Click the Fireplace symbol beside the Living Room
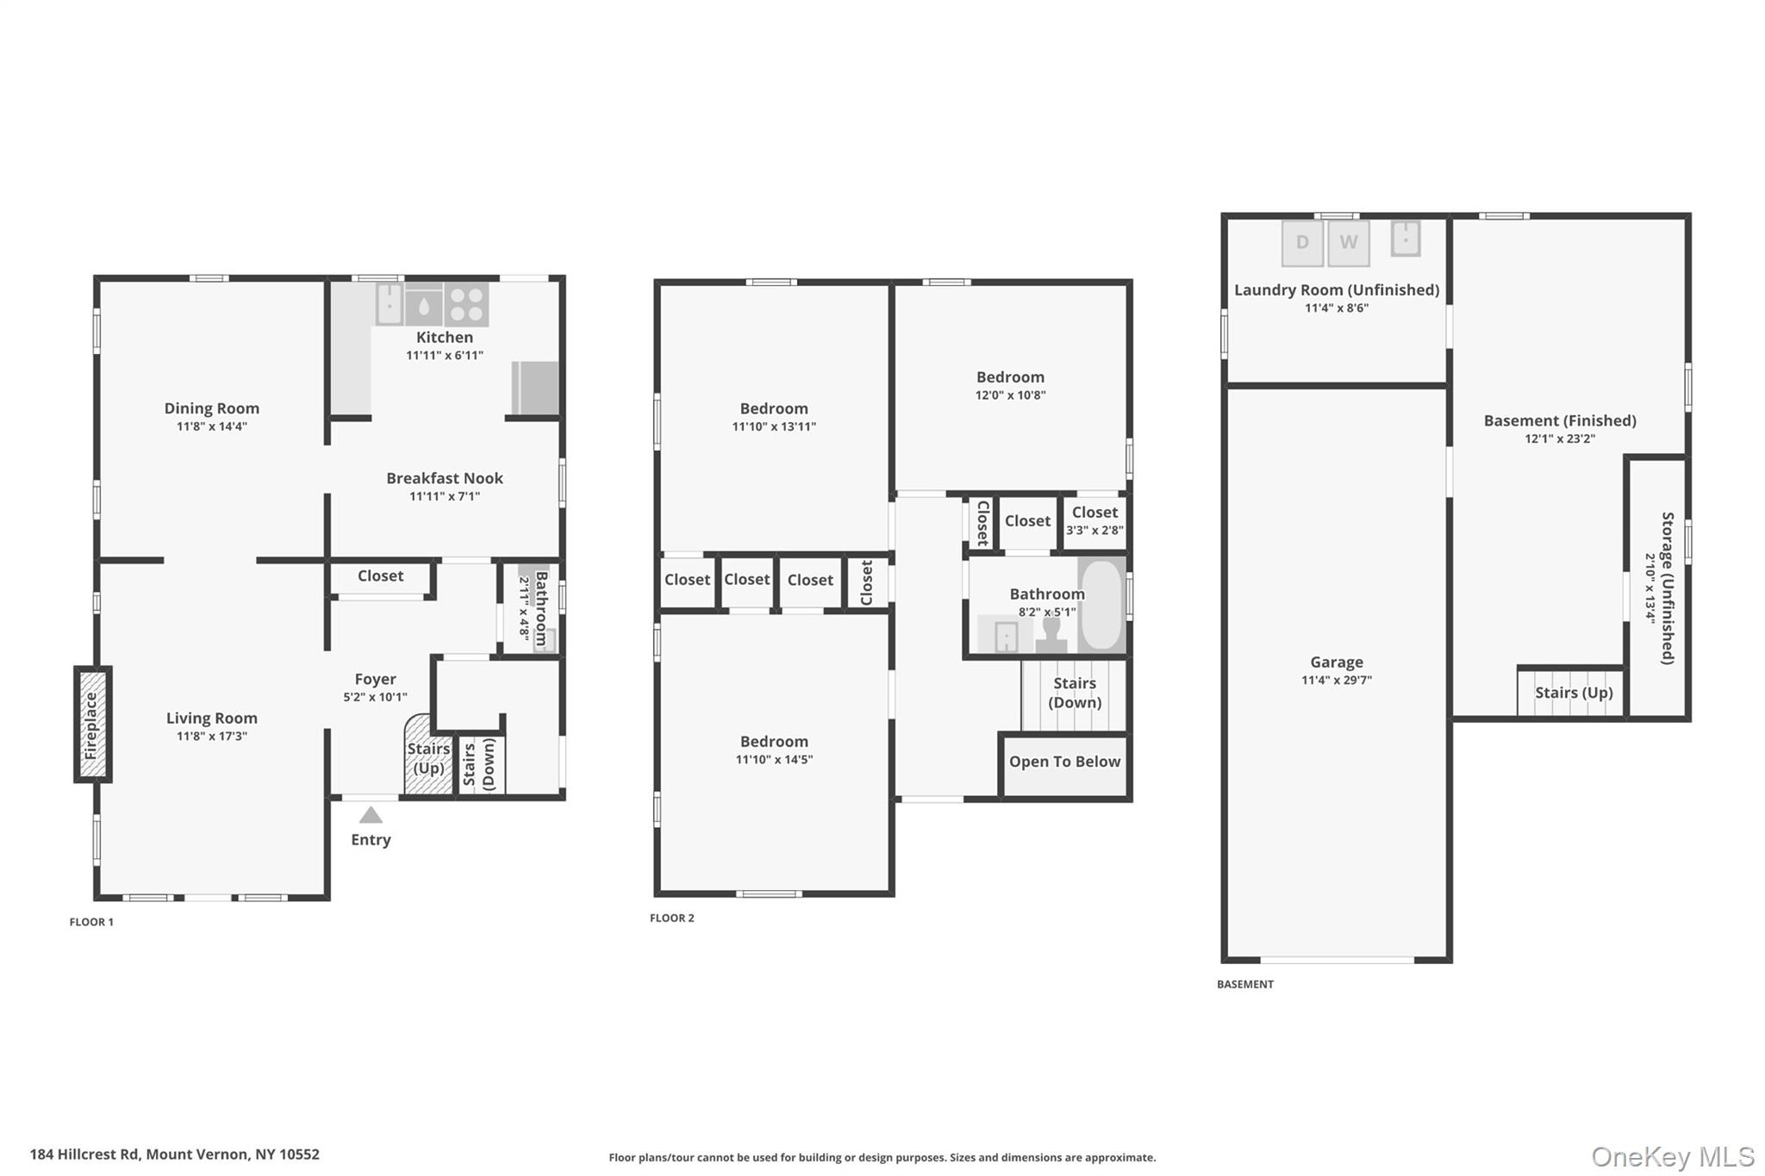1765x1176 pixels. (91, 725)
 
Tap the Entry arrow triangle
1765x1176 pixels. (371, 815)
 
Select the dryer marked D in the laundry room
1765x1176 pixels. (1301, 243)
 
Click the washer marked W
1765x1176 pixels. (1348, 243)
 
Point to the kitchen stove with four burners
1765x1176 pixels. (466, 304)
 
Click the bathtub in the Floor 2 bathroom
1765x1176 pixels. (1101, 606)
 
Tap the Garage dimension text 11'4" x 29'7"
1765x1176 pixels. (1336, 680)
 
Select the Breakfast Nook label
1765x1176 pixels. (444, 478)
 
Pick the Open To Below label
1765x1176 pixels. (1064, 762)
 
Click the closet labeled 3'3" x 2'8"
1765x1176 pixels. (1095, 520)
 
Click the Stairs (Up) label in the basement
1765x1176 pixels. (1573, 693)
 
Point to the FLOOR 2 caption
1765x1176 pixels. (671, 918)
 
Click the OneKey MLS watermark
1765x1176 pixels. (1672, 1156)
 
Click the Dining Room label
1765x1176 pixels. (211, 408)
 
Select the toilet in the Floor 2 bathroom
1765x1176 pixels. (1051, 635)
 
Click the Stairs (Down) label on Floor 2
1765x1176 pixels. (1074, 693)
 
